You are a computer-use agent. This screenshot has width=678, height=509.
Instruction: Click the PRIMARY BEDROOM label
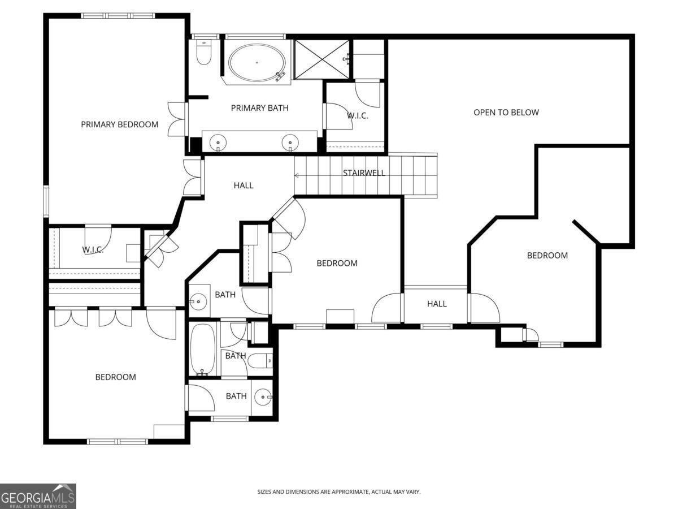[119, 124]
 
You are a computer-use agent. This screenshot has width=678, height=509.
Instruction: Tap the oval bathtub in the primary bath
[257, 62]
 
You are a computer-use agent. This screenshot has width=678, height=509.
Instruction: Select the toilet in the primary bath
[203, 53]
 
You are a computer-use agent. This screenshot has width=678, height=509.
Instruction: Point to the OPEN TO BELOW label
[506, 113]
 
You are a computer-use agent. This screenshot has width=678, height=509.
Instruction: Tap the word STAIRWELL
[364, 173]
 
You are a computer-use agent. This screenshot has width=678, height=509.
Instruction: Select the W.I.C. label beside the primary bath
[357, 116]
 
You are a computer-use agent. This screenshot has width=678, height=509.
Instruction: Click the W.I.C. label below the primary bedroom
[93, 249]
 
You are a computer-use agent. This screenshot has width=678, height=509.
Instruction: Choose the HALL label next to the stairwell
[244, 186]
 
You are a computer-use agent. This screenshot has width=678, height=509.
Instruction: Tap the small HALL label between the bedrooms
[437, 304]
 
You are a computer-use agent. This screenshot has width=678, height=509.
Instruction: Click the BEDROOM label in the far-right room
[547, 256]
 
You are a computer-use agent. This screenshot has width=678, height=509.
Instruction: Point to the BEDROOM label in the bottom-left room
[115, 377]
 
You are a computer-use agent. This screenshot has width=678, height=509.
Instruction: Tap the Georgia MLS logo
[38, 497]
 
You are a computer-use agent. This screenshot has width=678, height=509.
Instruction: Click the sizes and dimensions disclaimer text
[338, 492]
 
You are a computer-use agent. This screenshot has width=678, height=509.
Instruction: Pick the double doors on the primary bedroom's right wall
[177, 119]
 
